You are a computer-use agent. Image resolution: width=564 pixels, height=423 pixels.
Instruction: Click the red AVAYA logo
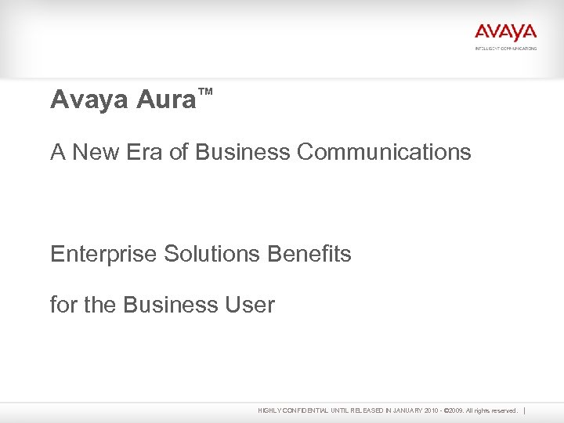tap(505, 33)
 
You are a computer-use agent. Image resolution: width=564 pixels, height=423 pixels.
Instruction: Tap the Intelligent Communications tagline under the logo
tap(505, 49)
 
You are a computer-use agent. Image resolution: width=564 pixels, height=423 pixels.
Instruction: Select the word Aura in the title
tap(165, 99)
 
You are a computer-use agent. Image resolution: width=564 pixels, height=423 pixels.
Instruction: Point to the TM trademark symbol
tap(205, 92)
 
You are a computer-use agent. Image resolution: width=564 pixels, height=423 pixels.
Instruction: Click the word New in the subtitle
tap(96, 151)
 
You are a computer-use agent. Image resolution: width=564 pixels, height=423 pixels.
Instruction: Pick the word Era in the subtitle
tap(144, 151)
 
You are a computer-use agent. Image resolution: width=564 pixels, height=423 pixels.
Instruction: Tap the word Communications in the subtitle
tap(384, 151)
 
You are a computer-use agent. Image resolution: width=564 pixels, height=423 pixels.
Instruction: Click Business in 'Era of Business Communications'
tap(243, 151)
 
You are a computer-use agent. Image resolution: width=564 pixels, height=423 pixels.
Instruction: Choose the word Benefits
tap(309, 254)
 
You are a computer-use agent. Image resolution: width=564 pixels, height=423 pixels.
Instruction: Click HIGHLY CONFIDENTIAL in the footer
tap(292, 410)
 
